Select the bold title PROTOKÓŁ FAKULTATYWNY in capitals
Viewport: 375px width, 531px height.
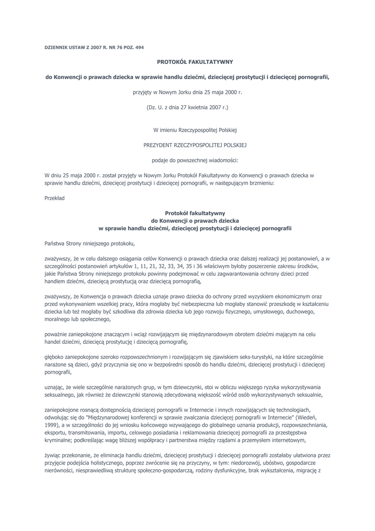(x=187, y=61)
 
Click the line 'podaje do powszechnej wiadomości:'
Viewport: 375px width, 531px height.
(x=187, y=160)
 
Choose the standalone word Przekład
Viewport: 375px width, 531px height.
(x=54, y=198)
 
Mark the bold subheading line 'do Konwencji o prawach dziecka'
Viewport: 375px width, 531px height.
(x=187, y=220)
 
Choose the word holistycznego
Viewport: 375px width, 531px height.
(x=114, y=463)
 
